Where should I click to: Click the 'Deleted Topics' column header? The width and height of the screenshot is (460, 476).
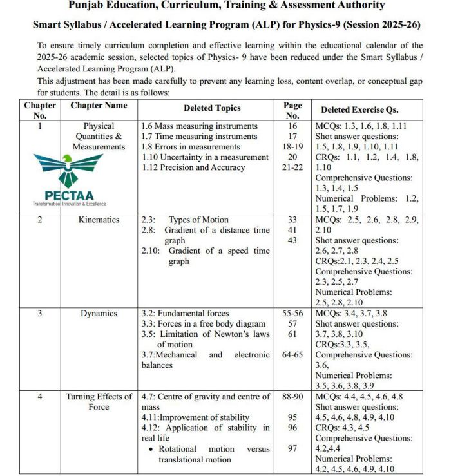pyautogui.click(x=212, y=109)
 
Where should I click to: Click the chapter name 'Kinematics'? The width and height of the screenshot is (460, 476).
pyautogui.click(x=99, y=220)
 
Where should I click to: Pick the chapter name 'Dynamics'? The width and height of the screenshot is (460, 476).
pyautogui.click(x=99, y=314)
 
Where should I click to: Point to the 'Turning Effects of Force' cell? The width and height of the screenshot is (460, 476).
pyautogui.click(x=99, y=402)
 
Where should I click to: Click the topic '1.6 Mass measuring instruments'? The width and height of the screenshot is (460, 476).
pyautogui.click(x=199, y=126)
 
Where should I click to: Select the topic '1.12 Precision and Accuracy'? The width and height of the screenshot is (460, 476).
pyautogui.click(x=193, y=167)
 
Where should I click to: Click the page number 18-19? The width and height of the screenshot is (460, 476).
pyautogui.click(x=292, y=147)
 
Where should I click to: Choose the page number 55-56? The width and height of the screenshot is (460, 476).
pyautogui.click(x=292, y=314)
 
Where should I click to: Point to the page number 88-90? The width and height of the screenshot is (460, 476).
pyautogui.click(x=292, y=397)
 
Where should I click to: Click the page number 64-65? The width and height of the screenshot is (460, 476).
pyautogui.click(x=292, y=355)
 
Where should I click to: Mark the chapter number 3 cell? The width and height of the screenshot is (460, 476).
pyautogui.click(x=40, y=314)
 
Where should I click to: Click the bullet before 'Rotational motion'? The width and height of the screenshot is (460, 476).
pyautogui.click(x=150, y=449)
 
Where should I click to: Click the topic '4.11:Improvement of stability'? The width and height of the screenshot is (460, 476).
pyautogui.click(x=195, y=417)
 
